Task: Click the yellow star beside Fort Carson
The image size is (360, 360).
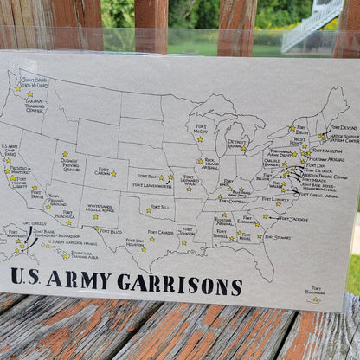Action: point(113,173)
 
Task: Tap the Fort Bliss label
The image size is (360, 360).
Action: point(110,232)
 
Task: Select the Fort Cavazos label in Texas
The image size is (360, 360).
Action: point(162,232)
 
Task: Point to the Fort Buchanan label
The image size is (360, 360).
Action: point(317,292)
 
